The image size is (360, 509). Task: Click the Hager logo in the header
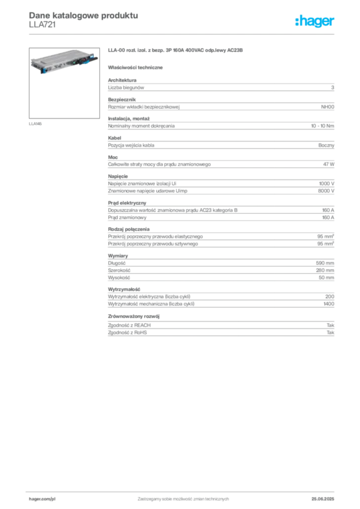point(315,21)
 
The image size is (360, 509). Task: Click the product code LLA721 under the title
point(42,25)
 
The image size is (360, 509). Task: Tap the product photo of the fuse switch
point(64,83)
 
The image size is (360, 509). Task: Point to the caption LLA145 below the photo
point(35,124)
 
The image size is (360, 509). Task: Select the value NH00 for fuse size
point(328,107)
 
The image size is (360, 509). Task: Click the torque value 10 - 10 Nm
point(322,126)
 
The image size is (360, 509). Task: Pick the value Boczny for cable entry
point(326,146)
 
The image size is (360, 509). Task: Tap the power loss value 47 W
point(329,164)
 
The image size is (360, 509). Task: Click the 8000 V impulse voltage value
point(326,191)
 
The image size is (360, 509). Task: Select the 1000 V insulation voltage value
point(327,183)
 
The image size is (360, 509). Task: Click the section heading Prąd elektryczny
point(127,203)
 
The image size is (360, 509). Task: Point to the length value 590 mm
point(325,263)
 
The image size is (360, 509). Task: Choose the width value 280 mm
point(325,270)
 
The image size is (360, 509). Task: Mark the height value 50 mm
point(326,277)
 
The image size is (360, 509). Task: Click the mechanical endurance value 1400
point(329,304)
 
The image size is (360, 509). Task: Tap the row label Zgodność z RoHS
point(127,333)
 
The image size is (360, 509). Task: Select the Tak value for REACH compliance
point(331,325)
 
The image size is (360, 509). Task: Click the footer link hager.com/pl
point(42,499)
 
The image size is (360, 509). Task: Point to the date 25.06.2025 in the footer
point(323,499)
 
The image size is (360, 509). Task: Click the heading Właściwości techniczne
point(135,68)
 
